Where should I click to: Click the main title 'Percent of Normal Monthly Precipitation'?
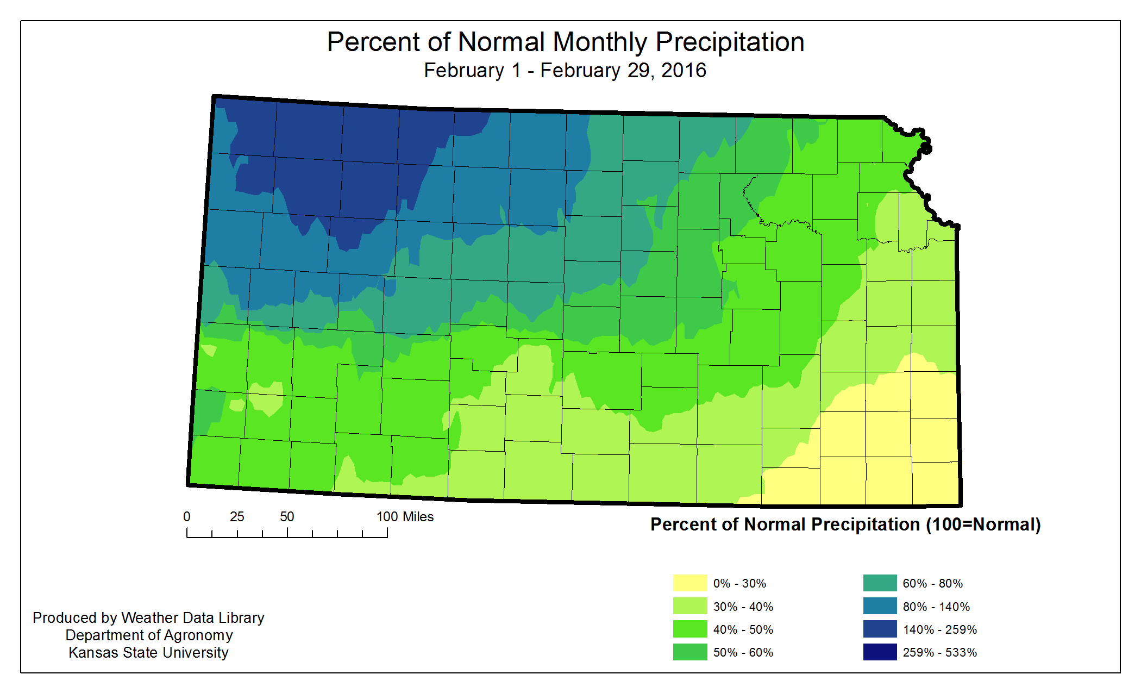[565, 42]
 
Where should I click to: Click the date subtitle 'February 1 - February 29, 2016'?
[565, 71]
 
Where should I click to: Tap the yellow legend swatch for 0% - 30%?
[690, 583]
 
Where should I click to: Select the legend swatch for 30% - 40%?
[690, 606]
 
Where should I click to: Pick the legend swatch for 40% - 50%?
[690, 629]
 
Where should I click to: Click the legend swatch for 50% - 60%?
[690, 652]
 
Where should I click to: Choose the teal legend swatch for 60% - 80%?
[880, 583]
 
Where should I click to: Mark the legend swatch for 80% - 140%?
[880, 606]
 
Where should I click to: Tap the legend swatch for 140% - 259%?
[880, 629]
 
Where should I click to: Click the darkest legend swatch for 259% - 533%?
[880, 652]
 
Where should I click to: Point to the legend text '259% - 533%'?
[939, 652]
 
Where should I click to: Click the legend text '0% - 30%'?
[739, 583]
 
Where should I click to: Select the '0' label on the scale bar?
[187, 517]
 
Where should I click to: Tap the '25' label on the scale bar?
[237, 517]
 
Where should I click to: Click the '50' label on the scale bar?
[287, 517]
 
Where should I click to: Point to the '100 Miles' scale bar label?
[405, 517]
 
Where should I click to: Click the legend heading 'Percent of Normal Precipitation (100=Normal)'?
[845, 525]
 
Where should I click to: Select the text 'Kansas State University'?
[148, 652]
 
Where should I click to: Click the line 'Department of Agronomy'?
[149, 635]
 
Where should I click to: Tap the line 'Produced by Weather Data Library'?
[148, 617]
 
